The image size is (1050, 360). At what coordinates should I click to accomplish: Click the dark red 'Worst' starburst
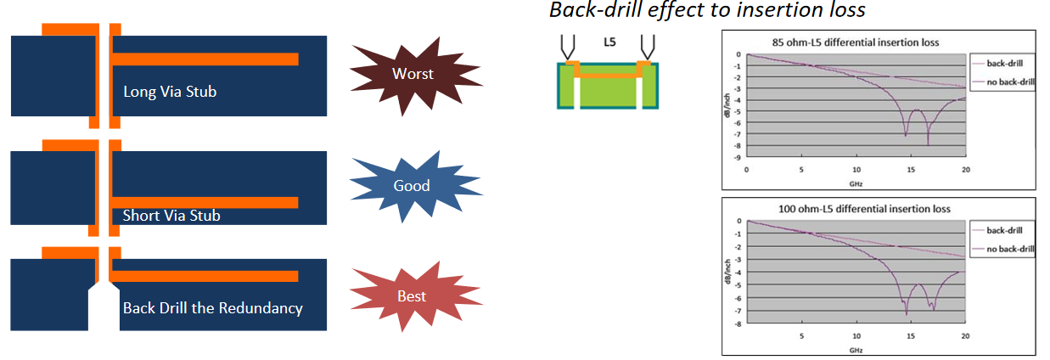[414, 75]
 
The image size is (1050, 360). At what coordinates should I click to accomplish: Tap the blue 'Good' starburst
[414, 186]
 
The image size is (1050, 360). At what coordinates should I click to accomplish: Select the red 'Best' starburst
[414, 296]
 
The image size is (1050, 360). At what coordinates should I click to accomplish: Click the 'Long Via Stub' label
[170, 92]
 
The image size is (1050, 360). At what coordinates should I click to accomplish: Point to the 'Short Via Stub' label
[171, 215]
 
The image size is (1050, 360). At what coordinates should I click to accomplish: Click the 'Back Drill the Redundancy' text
[213, 308]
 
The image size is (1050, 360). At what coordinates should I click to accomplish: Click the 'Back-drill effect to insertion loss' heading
[707, 10]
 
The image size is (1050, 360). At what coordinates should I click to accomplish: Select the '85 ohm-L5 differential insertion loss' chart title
[856, 42]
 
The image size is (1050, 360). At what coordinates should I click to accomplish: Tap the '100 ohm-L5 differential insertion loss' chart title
[864, 209]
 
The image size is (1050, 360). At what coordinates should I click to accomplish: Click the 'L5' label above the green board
[609, 42]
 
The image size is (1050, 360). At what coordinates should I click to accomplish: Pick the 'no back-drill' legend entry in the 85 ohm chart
[1004, 82]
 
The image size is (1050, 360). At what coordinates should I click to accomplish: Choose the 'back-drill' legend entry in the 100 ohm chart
[997, 230]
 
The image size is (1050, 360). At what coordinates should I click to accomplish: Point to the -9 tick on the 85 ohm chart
[738, 158]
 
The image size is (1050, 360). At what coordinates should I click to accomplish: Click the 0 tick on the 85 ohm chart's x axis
[747, 170]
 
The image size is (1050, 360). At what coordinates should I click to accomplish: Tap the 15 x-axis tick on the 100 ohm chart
[910, 336]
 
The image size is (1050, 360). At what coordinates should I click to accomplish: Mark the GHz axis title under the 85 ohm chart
[856, 184]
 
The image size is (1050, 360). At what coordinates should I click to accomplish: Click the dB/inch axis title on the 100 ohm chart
[727, 272]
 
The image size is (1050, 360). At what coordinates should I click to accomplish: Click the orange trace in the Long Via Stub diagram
[205, 59]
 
